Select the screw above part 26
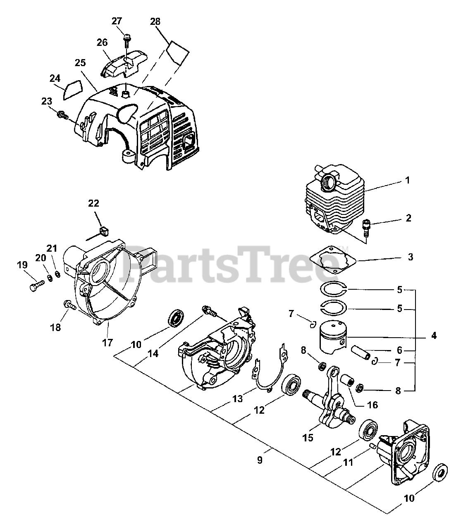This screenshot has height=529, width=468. pyautogui.click(x=126, y=40)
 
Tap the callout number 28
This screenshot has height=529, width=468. pyautogui.click(x=155, y=21)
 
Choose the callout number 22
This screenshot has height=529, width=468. pyautogui.click(x=94, y=203)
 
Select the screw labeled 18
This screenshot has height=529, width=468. pyautogui.click(x=69, y=306)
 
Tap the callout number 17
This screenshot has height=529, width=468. pyautogui.click(x=107, y=343)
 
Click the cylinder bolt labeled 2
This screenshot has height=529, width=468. pyautogui.click(x=365, y=225)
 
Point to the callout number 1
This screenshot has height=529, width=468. pyautogui.click(x=407, y=180)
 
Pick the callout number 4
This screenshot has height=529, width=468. pyautogui.click(x=434, y=336)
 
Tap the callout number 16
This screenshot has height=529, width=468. pyautogui.click(x=372, y=405)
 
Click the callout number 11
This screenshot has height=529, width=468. pyautogui.click(x=349, y=462)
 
